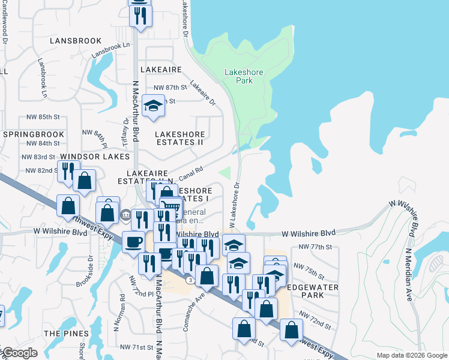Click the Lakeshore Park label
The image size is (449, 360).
point(243,76)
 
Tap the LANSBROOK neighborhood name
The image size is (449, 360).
point(76,41)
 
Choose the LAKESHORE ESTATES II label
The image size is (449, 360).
point(179,138)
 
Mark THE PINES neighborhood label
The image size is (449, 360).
point(66,333)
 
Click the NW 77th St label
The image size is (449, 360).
point(315,247)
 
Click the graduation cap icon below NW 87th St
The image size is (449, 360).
point(154,106)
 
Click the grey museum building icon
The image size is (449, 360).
point(126,215)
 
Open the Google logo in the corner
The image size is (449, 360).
point(20,353)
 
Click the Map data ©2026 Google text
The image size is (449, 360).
point(411,355)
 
